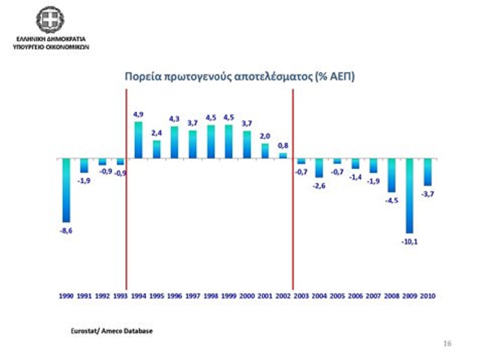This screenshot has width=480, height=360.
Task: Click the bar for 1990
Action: click(x=66, y=190)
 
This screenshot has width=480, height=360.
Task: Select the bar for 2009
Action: click(x=409, y=196)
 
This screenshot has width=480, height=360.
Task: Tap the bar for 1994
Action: click(x=138, y=140)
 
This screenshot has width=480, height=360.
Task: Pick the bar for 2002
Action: click(x=283, y=156)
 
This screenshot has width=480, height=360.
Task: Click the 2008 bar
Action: click(x=392, y=175)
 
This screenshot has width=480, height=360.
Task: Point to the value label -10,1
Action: click(x=409, y=241)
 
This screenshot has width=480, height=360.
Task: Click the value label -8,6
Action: click(x=66, y=230)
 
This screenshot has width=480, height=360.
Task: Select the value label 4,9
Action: click(x=138, y=115)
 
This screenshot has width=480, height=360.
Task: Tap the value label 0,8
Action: click(x=283, y=145)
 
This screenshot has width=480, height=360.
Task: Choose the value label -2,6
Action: click(x=319, y=186)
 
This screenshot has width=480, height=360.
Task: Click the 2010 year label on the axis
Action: click(x=427, y=295)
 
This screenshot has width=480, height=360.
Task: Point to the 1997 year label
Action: click(x=193, y=295)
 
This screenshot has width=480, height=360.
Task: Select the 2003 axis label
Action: click(x=302, y=295)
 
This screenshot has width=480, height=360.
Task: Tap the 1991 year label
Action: click(x=84, y=295)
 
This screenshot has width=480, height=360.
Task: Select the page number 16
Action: click(x=447, y=343)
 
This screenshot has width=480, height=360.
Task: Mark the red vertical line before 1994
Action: click(x=126, y=229)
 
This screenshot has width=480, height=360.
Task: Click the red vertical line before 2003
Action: click(x=293, y=229)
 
